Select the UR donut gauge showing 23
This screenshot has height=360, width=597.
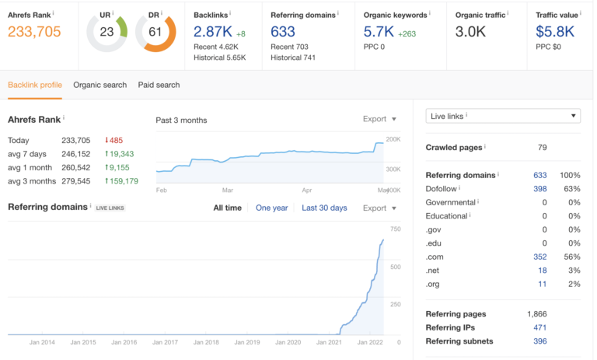106,33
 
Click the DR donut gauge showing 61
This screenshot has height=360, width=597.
155,33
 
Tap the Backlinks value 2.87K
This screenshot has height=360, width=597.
212,31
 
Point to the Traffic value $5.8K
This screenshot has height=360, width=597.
555,31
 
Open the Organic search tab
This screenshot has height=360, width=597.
99,85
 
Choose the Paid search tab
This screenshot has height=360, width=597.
159,85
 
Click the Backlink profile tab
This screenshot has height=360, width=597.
36,85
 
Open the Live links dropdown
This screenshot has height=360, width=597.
503,116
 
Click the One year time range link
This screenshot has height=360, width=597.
271,208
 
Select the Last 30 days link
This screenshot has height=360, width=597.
324,208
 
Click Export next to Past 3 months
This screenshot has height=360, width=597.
379,119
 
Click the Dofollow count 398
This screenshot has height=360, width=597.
539,188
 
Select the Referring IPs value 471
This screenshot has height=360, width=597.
539,327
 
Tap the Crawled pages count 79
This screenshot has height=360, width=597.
543,147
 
